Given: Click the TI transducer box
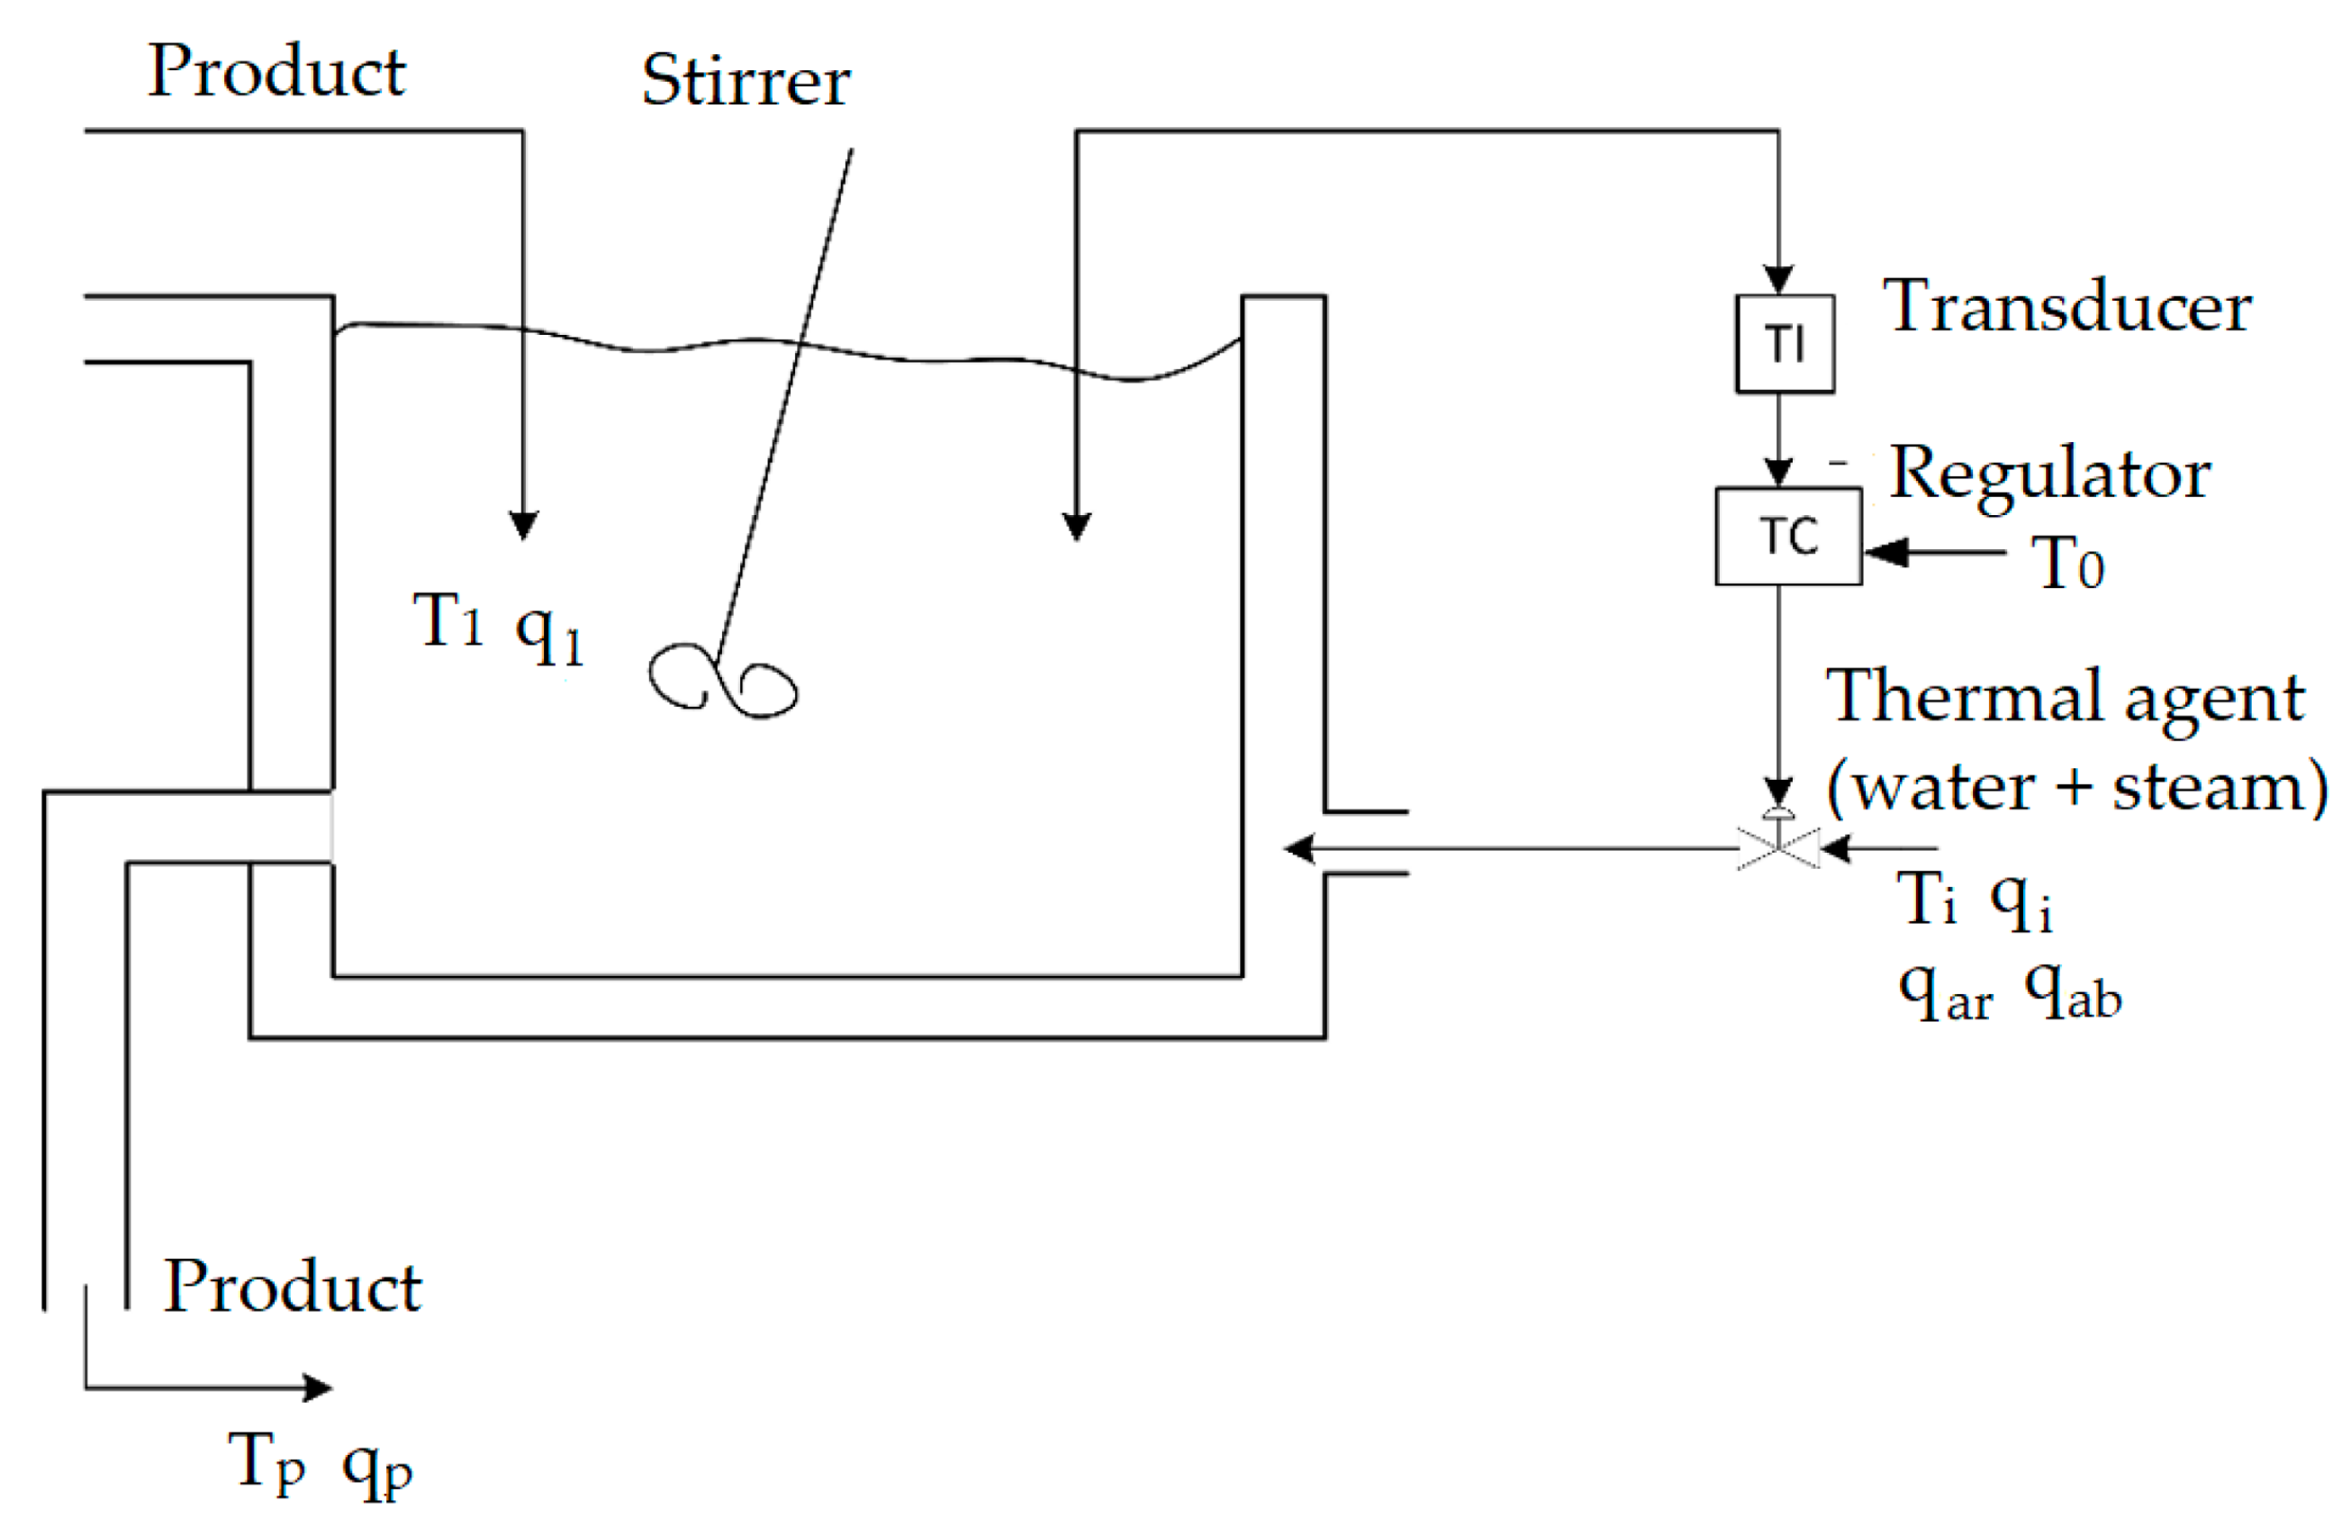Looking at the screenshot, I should pos(1784,344).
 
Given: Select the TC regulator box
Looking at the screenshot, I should pos(1787,537).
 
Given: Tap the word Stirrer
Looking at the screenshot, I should pos(746,80).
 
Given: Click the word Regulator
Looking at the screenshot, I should pos(2048,475).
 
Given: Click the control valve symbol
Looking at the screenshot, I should pos(1777,846).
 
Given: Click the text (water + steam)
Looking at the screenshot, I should pos(2075,787).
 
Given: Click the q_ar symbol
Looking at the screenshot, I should pos(1944,993).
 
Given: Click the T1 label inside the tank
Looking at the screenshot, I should pos(447,620).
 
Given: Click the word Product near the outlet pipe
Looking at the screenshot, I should pos(293,1286).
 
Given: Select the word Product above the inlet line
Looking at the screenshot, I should pos(276,71).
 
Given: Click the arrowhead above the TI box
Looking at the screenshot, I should pos(1778,279).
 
